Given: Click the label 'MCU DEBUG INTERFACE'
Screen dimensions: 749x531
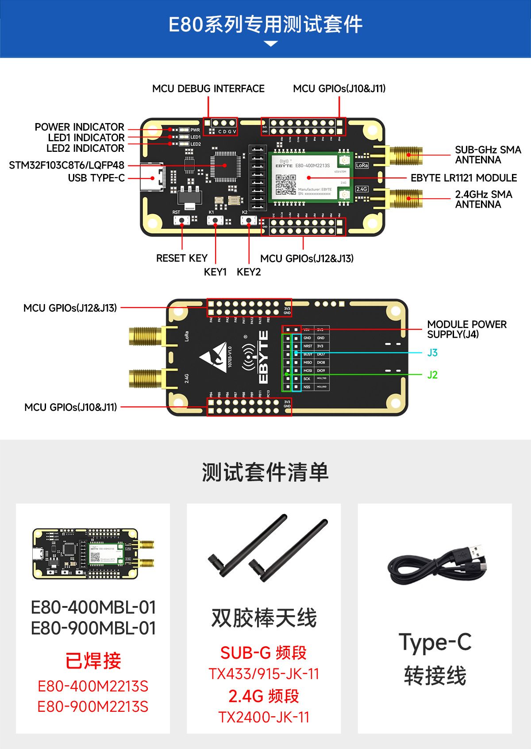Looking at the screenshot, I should click(208, 89).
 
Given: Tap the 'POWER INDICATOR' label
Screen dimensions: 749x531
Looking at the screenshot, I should click(79, 127).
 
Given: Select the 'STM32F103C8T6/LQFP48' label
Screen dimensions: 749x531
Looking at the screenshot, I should click(66, 166).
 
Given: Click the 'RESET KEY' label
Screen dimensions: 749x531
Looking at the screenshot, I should click(181, 258).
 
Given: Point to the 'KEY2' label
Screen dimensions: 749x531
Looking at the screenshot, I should click(249, 272).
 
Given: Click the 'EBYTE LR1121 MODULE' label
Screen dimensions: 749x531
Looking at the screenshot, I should click(463, 178).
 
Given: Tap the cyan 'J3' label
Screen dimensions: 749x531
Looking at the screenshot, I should click(432, 353).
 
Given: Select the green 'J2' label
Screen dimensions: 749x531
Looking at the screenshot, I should click(432, 375).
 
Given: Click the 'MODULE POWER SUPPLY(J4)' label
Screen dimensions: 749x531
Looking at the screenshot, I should click(466, 329).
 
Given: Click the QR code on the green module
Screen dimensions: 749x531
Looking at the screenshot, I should click(286, 184).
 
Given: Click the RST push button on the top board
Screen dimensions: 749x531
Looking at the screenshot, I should click(181, 220).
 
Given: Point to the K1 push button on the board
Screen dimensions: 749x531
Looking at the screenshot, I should click(215, 220).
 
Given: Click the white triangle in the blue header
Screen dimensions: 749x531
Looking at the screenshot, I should click(270, 43).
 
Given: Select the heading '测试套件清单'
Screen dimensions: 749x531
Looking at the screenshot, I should click(265, 472).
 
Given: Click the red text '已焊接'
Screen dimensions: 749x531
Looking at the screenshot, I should click(93, 661).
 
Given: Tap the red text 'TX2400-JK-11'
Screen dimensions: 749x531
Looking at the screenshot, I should click(264, 717).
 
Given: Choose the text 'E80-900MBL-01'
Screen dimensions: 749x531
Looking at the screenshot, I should click(93, 628).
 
